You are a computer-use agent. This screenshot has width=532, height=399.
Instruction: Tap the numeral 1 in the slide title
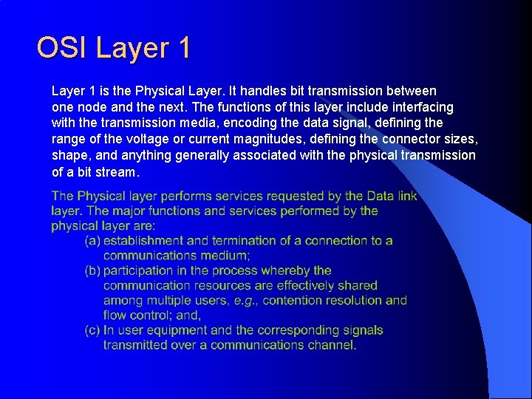point(184,48)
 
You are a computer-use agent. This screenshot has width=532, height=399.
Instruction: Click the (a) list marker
point(92,241)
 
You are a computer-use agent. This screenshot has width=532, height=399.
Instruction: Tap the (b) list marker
point(92,270)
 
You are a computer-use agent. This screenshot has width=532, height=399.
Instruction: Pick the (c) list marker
point(92,330)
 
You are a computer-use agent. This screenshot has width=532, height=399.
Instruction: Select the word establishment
point(143,241)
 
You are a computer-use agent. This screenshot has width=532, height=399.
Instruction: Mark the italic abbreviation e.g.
point(245,301)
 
